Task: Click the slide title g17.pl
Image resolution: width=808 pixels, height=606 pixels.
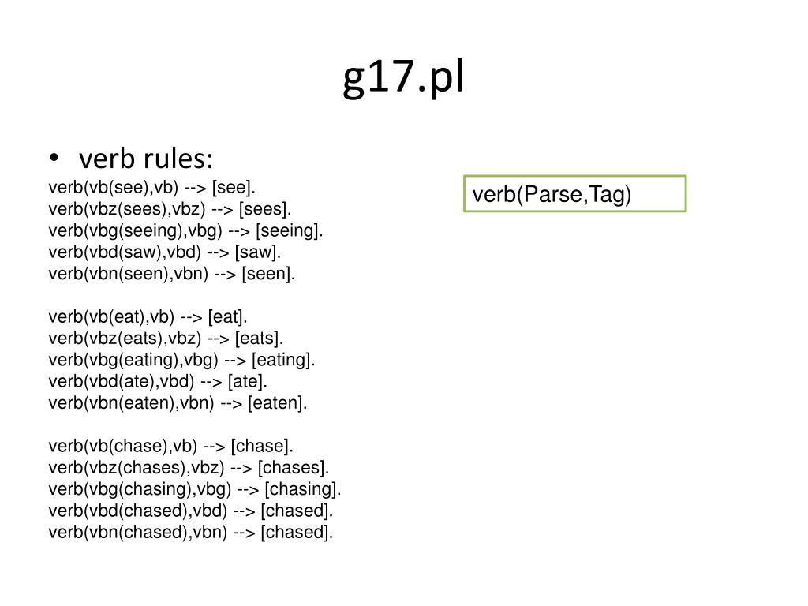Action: pos(404,79)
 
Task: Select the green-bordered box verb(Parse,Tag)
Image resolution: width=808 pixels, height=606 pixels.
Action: pos(574,194)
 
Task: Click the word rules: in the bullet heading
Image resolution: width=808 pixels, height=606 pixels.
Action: pos(178,159)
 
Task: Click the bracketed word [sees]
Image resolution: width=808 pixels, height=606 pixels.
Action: pos(265,209)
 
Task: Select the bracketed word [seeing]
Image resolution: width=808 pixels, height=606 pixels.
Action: pos(290,231)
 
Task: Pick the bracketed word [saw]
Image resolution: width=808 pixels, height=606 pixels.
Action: pos(257,252)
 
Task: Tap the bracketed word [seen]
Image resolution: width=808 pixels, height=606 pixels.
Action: pos(268,274)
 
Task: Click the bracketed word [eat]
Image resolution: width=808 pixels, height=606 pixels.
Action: pos(228,317)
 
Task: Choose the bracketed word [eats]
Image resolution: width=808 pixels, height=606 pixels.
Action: pos(257,339)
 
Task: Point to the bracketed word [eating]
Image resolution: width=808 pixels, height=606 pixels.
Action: pos(283,360)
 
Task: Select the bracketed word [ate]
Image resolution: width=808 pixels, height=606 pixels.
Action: pos(248,381)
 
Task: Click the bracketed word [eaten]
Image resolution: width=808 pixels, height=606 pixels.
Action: pos(277,403)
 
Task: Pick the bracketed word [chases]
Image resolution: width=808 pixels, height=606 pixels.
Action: pos(294,467)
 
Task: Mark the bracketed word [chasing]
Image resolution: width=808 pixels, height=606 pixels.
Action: pos(303,488)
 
